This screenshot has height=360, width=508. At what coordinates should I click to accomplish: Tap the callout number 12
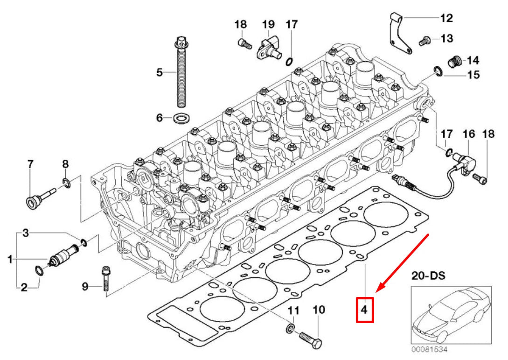click(446, 18)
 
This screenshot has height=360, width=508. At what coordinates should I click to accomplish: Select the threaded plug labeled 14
click(454, 61)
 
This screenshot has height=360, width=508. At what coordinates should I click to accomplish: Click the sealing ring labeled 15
click(438, 71)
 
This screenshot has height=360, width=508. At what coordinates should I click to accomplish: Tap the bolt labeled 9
click(105, 279)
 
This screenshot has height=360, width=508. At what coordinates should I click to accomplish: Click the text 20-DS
click(428, 275)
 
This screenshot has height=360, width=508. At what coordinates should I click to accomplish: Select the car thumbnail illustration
click(451, 316)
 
